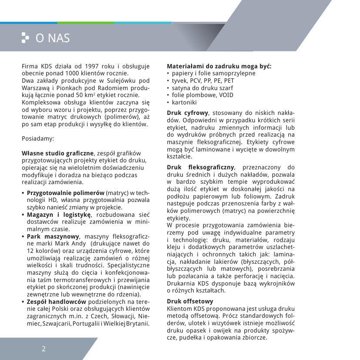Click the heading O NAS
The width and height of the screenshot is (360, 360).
pyautogui.click(x=53, y=38)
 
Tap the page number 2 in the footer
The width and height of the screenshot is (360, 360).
pyautogui.click(x=44, y=348)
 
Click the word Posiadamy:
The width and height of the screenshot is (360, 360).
pyautogui.click(x=38, y=138)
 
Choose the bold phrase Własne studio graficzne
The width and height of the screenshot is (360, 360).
pyautogui.click(x=57, y=153)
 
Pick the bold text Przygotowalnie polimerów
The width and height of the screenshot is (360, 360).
pyautogui.click(x=65, y=192)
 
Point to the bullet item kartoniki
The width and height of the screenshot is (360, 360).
pyautogui.click(x=184, y=102)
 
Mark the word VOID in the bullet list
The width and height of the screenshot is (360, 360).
pyautogui.click(x=226, y=95)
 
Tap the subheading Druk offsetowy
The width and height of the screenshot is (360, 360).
pyautogui.click(x=190, y=301)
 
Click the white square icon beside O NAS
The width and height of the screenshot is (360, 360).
pyautogui.click(x=25, y=38)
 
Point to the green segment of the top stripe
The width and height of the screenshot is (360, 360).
pyautogui.click(x=86, y=23)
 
